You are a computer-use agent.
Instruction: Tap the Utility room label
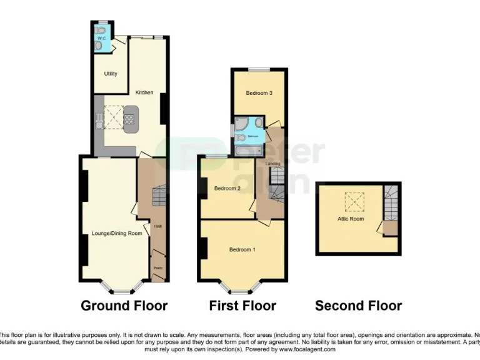(110, 74)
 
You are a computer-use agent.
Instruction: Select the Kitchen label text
(144, 92)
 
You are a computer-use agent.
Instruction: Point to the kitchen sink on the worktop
(99, 118)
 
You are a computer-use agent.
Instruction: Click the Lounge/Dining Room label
(114, 233)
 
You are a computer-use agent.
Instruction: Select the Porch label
(157, 267)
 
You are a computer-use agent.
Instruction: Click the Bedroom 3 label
(258, 93)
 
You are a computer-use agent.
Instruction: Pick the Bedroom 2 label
(227, 188)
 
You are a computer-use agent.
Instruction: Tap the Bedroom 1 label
(242, 250)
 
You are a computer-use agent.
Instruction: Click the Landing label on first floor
(272, 164)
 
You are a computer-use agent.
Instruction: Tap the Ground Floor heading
(124, 306)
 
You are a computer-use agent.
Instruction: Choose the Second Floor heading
(358, 306)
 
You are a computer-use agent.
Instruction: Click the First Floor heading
(242, 306)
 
